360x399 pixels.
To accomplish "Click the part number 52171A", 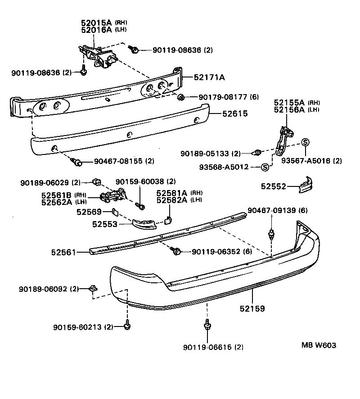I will (x=209, y=77).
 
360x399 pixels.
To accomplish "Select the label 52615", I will (x=234, y=114).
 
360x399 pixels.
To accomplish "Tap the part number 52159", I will (x=252, y=309).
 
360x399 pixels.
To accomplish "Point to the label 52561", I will (x=63, y=252).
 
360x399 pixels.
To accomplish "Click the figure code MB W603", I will (x=319, y=345).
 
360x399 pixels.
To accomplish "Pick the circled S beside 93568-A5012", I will (x=265, y=167).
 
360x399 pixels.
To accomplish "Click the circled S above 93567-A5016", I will (x=305, y=142).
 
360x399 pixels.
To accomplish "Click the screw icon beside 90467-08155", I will (x=78, y=161).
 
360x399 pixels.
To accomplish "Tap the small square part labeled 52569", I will (x=114, y=211).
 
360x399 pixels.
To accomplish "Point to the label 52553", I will (x=105, y=224).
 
